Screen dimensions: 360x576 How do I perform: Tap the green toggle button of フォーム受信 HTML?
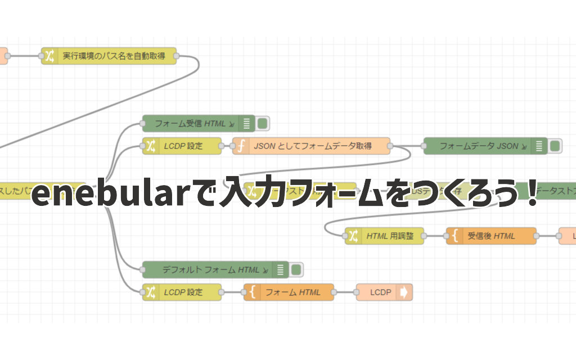(x=263, y=123)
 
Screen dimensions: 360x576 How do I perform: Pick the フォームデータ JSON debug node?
(x=478, y=146)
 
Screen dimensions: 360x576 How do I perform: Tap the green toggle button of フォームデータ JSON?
(x=555, y=146)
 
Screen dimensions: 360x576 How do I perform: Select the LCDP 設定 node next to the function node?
(x=183, y=146)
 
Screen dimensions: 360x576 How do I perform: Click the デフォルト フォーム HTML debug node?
(x=208, y=270)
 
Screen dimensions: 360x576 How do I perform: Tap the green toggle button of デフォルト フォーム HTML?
(x=296, y=270)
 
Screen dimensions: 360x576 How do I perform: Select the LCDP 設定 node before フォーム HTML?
(x=183, y=292)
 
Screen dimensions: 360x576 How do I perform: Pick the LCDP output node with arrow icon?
(x=384, y=292)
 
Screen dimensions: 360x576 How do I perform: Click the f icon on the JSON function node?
(x=241, y=146)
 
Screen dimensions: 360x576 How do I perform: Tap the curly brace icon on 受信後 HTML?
(x=454, y=236)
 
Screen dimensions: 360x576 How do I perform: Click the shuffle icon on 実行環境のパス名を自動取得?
(x=49, y=56)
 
